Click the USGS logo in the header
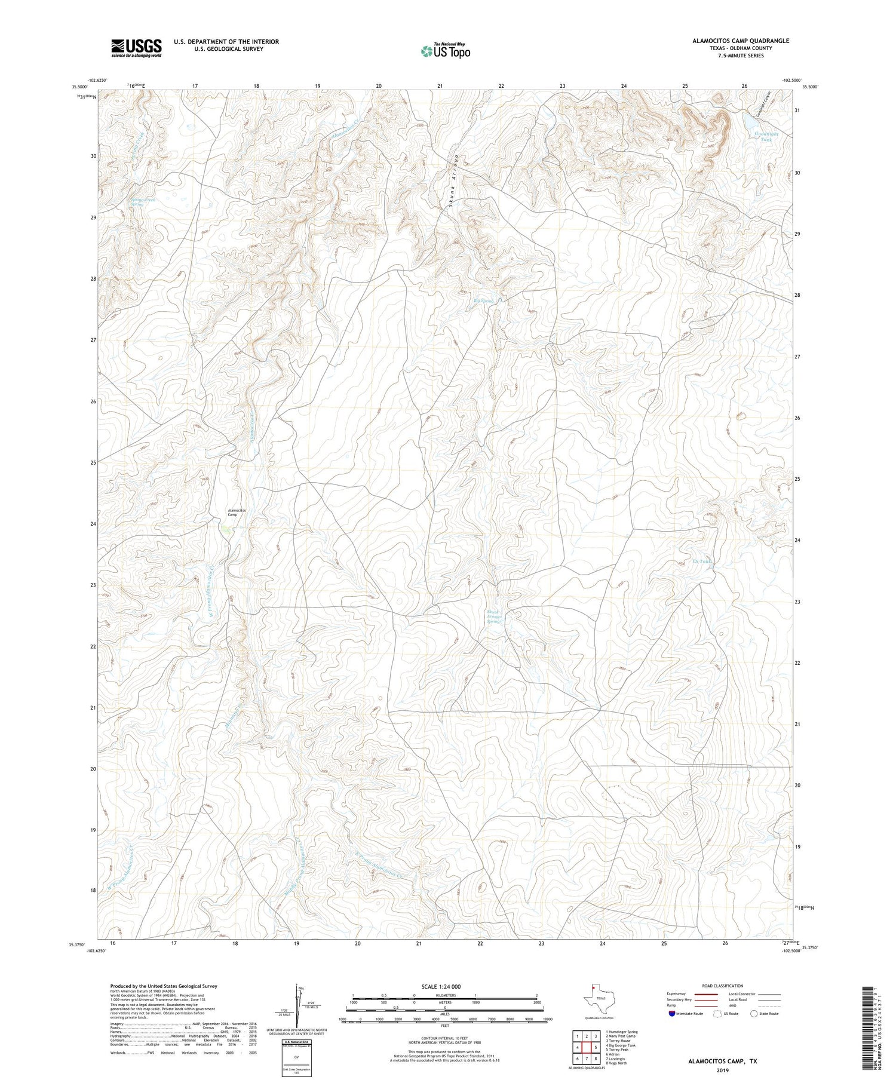[x=136, y=48]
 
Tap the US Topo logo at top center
[x=444, y=51]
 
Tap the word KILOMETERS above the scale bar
[x=444, y=995]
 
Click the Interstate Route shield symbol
[x=673, y=1013]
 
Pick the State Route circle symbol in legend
[x=754, y=1013]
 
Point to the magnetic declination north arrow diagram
[x=298, y=1005]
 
